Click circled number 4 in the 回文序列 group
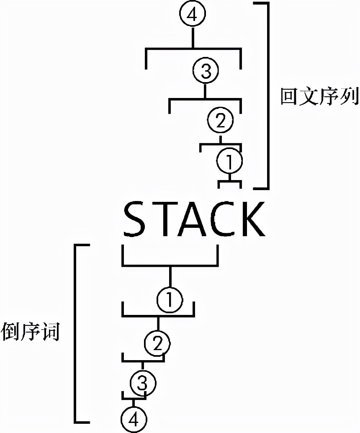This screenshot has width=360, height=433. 193,15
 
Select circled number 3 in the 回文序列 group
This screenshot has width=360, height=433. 205,71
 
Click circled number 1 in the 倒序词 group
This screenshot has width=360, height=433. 170,300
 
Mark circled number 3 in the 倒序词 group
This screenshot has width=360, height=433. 142,383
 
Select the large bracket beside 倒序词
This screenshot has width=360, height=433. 76,333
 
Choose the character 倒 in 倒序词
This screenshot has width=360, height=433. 11,332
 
